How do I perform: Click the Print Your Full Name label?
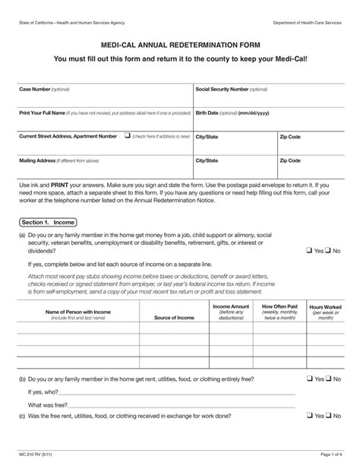[x=42, y=113]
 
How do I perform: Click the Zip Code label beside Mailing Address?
[x=290, y=160]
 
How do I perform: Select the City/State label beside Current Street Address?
[x=207, y=137]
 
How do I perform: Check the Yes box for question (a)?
[x=310, y=250]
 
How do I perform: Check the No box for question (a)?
[x=328, y=250]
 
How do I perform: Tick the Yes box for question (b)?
[x=310, y=378]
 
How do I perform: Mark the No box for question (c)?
[x=328, y=415]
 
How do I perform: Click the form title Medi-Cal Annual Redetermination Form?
[x=180, y=45]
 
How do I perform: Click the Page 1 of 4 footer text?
[x=325, y=454]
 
